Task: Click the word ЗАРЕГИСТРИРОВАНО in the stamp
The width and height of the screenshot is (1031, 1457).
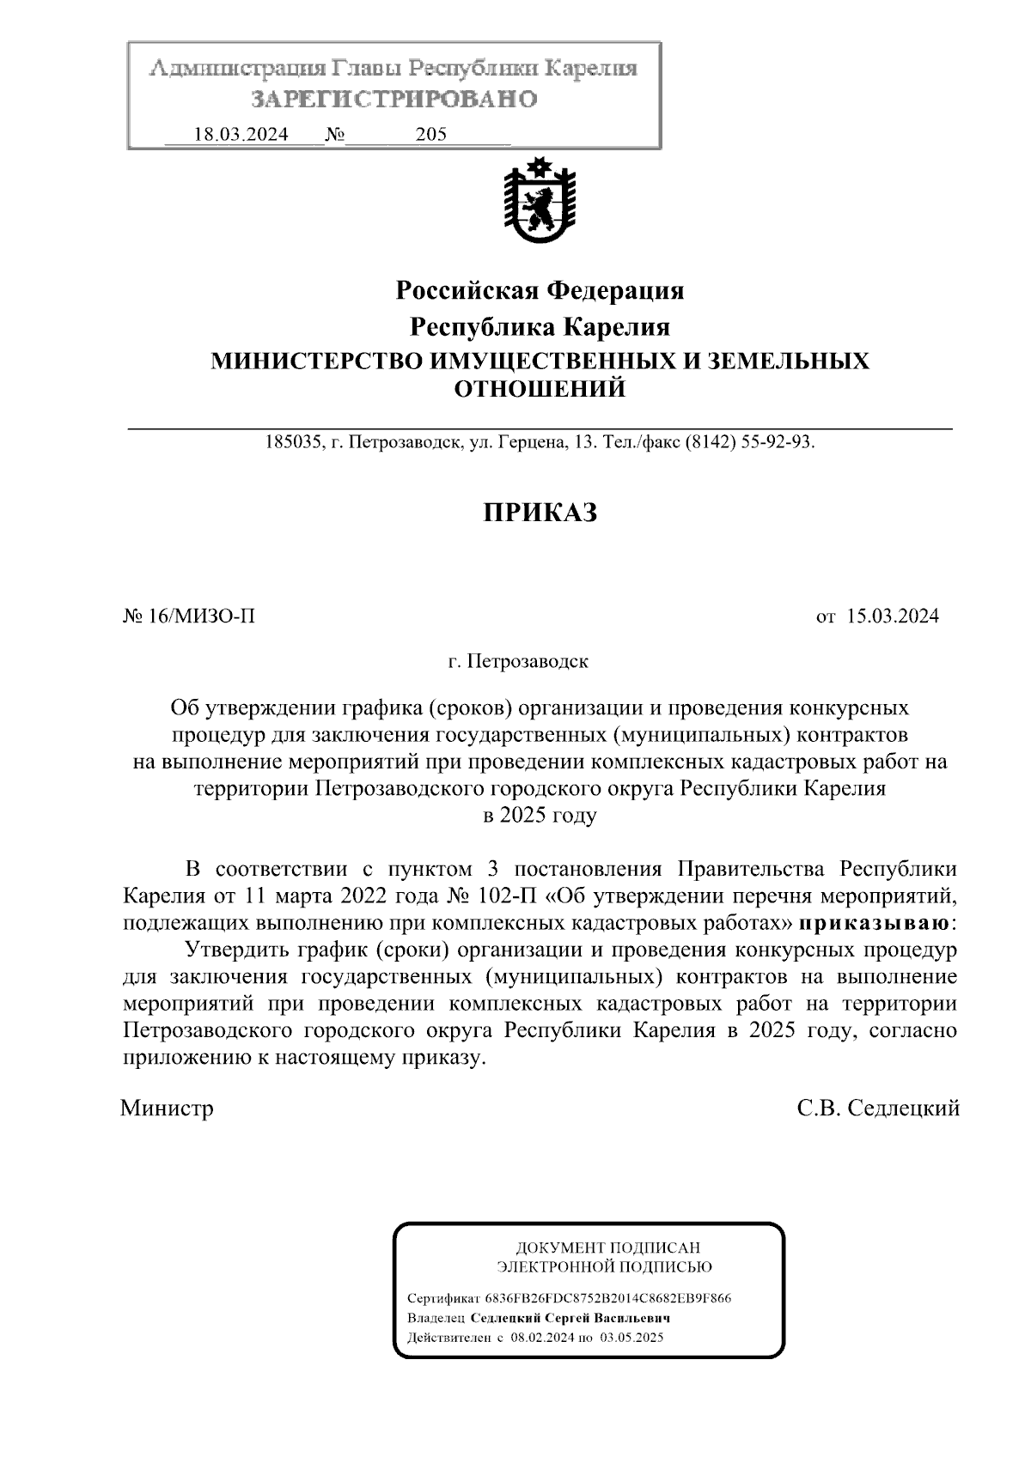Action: click(394, 100)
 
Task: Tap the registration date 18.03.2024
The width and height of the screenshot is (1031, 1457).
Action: click(241, 135)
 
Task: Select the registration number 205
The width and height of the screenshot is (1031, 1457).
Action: click(430, 135)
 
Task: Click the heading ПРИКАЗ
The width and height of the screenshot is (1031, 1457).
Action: click(540, 513)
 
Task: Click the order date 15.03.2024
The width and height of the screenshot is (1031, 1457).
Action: click(893, 616)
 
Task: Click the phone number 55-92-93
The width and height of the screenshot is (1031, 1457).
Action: click(778, 444)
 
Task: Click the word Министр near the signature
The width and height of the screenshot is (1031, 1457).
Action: click(168, 1108)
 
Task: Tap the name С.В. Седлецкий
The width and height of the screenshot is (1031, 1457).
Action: click(878, 1108)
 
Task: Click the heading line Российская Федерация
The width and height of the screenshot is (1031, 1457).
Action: click(540, 291)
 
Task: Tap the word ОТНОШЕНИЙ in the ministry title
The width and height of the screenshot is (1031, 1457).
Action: click(540, 390)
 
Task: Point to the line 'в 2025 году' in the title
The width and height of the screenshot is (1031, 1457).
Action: click(540, 816)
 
